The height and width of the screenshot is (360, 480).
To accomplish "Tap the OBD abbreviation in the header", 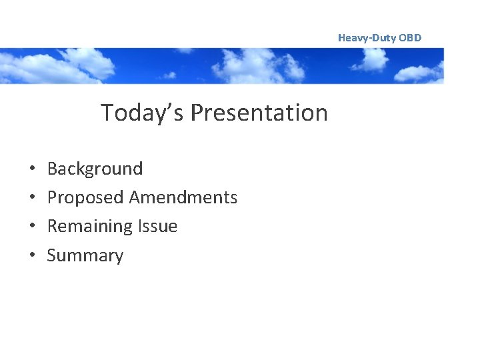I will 410,38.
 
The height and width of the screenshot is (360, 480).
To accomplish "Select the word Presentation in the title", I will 259,113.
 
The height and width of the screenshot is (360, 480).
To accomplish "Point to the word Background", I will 95,169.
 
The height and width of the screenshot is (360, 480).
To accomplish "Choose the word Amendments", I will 183,197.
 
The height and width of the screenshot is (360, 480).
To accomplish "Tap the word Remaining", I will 91,227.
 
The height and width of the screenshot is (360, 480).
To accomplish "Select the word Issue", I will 159,227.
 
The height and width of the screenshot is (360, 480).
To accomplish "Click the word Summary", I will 85,256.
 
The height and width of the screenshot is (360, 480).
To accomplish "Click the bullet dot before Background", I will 32,169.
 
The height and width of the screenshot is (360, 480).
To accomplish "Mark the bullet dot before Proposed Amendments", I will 32,198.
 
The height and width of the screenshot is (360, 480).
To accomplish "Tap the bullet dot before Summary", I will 32,256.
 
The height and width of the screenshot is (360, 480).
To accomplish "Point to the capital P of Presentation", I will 197,113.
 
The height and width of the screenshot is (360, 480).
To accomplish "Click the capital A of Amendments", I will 135,197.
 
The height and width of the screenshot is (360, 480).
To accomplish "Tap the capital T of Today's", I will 107,113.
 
